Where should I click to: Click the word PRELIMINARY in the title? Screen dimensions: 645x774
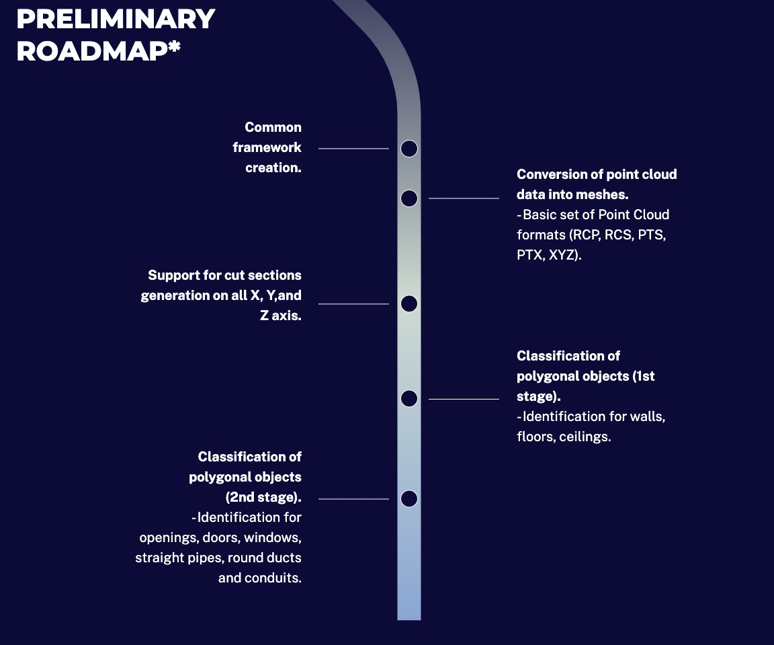point(116,19)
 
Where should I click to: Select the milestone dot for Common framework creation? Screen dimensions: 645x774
point(409,149)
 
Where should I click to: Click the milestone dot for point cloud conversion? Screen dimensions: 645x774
point(409,198)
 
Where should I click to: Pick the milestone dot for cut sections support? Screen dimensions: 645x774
point(409,304)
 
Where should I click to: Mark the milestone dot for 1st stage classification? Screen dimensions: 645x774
point(409,399)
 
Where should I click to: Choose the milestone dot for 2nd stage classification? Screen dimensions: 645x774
point(409,499)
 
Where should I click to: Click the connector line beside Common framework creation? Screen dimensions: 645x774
point(353,149)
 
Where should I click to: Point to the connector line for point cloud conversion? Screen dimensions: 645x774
point(464,198)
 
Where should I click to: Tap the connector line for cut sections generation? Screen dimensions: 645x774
point(353,304)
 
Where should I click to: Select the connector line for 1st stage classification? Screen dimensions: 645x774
point(464,399)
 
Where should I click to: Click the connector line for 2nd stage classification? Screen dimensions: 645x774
point(353,499)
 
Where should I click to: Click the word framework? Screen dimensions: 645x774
point(267,147)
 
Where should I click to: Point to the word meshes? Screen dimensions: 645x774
point(605,194)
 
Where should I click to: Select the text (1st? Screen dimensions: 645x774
point(643,376)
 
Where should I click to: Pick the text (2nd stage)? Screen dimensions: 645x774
point(263,497)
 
